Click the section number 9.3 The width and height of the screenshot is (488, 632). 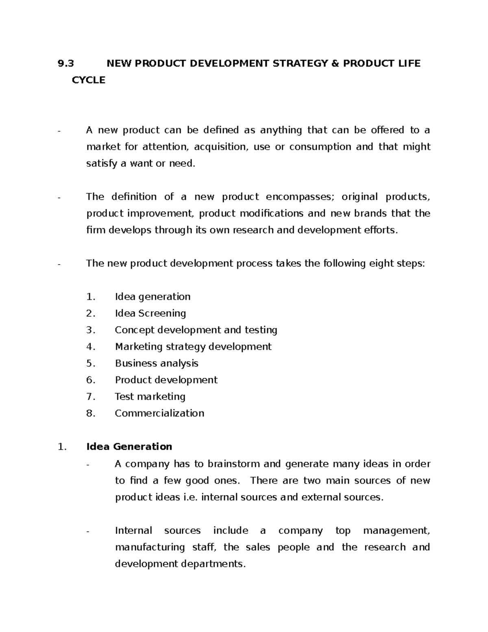66,63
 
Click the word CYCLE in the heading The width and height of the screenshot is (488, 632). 88,80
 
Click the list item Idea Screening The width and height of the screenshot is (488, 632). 150,313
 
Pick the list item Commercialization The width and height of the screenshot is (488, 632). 159,413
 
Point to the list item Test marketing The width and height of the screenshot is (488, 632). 150,397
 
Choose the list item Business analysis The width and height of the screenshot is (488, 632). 157,363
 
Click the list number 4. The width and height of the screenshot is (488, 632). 90,347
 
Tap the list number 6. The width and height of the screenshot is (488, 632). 90,380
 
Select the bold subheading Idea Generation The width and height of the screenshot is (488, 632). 129,447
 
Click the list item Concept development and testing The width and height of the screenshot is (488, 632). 196,330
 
